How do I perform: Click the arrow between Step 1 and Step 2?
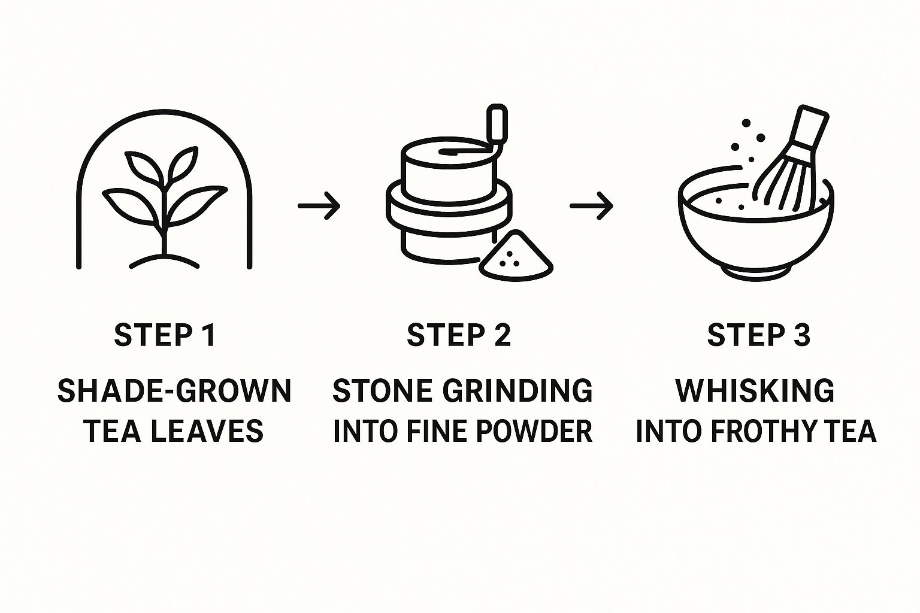319,205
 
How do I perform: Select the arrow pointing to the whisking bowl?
591,205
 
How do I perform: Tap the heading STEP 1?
165,335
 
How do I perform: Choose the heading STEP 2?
459,335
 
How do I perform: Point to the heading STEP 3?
759,335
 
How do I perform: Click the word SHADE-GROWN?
174,390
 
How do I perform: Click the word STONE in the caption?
382,390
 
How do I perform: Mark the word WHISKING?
755,390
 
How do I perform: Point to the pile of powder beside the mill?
516,256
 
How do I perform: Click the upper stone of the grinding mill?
449,170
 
